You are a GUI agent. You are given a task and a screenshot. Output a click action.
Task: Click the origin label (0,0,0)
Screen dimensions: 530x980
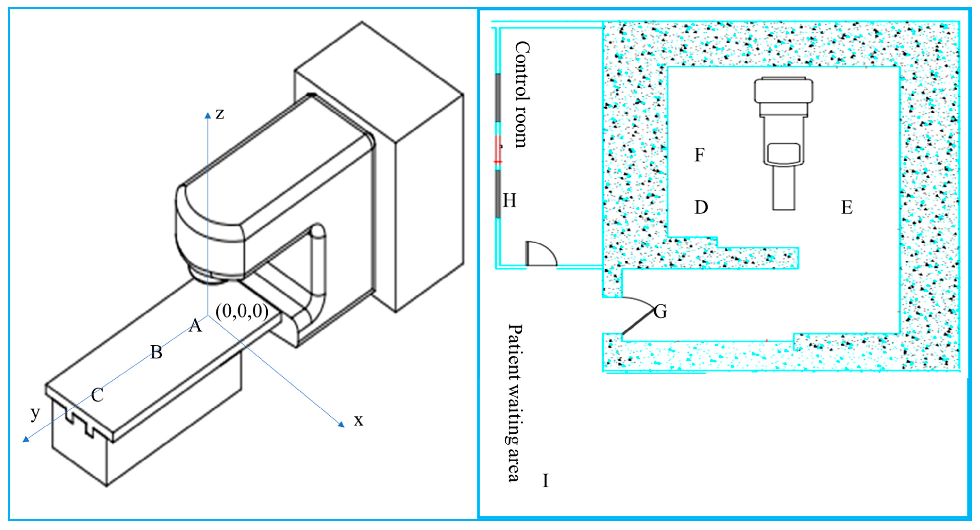pyautogui.click(x=242, y=312)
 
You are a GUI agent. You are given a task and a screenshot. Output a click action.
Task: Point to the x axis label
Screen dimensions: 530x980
pyautogui.click(x=358, y=420)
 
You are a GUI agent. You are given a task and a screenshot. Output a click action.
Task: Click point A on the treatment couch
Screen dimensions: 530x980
pyautogui.click(x=195, y=326)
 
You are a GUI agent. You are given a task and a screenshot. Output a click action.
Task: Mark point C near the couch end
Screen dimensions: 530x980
pyautogui.click(x=97, y=395)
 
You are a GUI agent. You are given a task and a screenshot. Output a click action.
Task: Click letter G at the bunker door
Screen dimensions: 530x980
pyautogui.click(x=660, y=312)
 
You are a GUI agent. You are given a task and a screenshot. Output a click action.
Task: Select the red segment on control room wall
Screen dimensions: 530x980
pyautogui.click(x=498, y=148)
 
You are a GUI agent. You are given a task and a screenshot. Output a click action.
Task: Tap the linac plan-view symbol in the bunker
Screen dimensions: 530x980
pyautogui.click(x=784, y=141)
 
